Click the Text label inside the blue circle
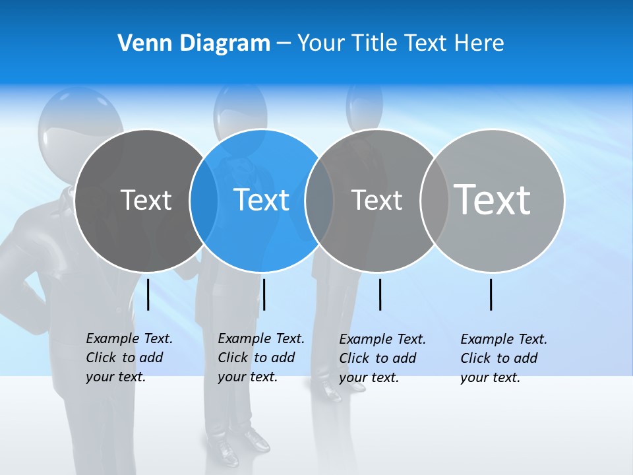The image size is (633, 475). tap(262, 200)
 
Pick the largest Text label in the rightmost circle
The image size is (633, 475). tap(493, 199)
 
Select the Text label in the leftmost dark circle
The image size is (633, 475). tap(146, 200)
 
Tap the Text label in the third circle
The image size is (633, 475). tap(377, 200)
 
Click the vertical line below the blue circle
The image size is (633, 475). tap(264, 294)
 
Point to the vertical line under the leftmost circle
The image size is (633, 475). tap(148, 294)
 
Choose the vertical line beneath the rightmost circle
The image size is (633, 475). tap(491, 294)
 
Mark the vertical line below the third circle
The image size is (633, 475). tap(380, 294)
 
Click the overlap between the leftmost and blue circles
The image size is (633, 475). tap(204, 200)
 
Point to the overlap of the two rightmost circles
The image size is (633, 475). tap(435, 200)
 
